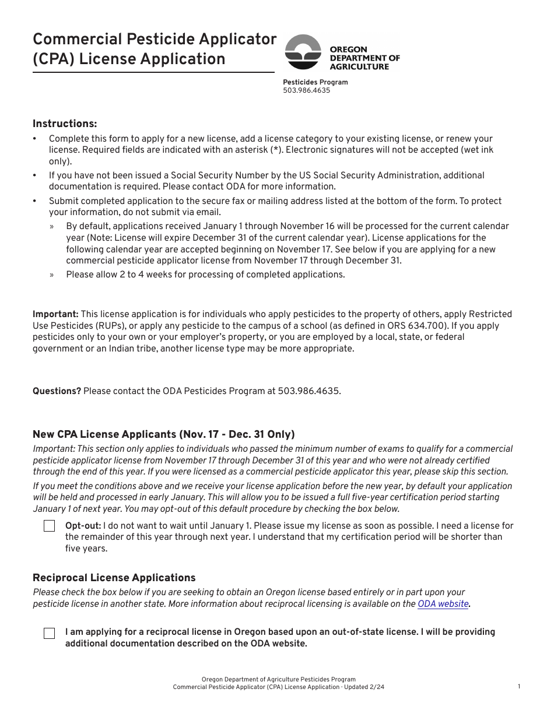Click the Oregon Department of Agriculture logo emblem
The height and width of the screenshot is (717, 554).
[303, 52]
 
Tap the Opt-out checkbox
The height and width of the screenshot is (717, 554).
[50, 526]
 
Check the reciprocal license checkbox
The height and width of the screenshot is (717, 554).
[50, 633]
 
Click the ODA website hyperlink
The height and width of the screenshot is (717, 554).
[443, 604]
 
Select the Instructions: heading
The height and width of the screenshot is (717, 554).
[65, 124]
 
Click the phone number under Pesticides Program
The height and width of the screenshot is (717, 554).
[306, 90]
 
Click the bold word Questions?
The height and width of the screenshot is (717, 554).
[57, 391]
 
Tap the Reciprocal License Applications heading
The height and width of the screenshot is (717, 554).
[114, 578]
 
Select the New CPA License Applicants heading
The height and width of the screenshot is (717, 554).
[163, 434]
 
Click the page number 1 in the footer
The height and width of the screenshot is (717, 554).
[519, 687]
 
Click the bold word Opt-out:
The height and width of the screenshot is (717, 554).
[83, 526]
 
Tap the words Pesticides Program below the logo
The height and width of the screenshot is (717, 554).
[315, 82]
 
